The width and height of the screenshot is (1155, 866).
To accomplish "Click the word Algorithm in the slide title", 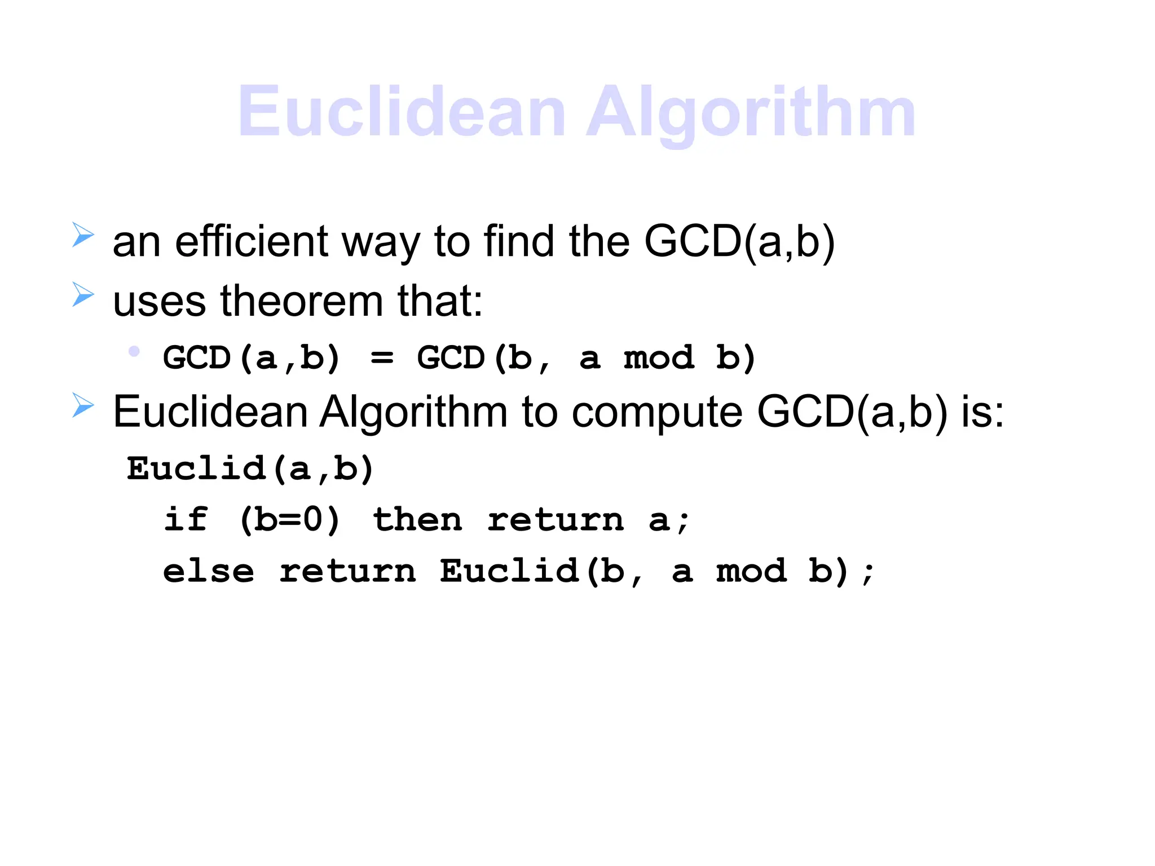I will (x=750, y=113).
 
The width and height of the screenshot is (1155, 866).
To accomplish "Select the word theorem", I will (x=302, y=301).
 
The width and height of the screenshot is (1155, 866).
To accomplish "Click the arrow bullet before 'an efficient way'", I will (x=83, y=235).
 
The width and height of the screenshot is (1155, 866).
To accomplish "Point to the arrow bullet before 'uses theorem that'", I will (x=83, y=294).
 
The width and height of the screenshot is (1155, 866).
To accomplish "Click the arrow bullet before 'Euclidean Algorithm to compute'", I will (x=83, y=405).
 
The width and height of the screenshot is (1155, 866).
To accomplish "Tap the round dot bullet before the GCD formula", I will (x=134, y=352).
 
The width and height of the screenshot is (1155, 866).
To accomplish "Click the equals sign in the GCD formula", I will (x=382, y=357).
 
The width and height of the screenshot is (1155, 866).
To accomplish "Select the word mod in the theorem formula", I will (x=658, y=358).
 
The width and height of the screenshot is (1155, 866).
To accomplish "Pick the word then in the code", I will (x=417, y=519).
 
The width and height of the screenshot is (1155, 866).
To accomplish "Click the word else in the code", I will (x=208, y=571).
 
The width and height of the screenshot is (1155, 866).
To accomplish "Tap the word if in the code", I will (x=186, y=519).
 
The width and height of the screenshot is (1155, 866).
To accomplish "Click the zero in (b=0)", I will (x=313, y=519).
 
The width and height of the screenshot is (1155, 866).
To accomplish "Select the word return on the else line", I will (x=347, y=571).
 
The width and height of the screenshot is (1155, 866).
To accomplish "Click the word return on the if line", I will (x=556, y=519).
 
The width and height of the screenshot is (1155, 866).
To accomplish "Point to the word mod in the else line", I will (x=751, y=571).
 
